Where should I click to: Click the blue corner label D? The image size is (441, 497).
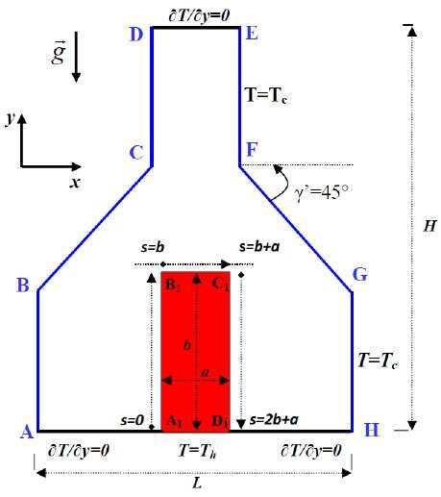pos(136,34)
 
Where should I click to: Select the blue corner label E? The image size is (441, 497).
pos(252,33)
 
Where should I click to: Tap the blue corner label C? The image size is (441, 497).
pos(136,153)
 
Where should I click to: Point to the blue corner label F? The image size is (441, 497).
pos(252,149)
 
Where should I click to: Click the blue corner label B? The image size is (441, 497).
pos(23,285)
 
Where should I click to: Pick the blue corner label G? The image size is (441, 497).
pos(360,274)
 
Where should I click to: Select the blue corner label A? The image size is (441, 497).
pos(27,432)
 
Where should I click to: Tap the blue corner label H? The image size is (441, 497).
pos(372,430)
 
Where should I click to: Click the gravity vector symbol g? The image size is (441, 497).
pos(59,52)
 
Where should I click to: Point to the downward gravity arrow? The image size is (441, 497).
pos(76,57)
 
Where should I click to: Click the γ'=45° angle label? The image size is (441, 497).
pos(321,192)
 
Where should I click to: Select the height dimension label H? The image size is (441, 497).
pos(429,226)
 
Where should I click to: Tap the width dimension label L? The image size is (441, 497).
pos(197,483)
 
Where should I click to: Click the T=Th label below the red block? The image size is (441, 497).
pos(197,451)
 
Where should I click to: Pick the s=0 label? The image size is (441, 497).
pos(133,420)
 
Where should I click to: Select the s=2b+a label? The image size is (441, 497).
pos(274,419)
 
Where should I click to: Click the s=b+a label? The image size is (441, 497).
pos(259,247)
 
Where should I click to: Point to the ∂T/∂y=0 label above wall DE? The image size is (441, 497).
pos(199,15)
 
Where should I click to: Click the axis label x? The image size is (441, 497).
pos(75,183)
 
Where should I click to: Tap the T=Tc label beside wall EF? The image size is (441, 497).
pos(266,95)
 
